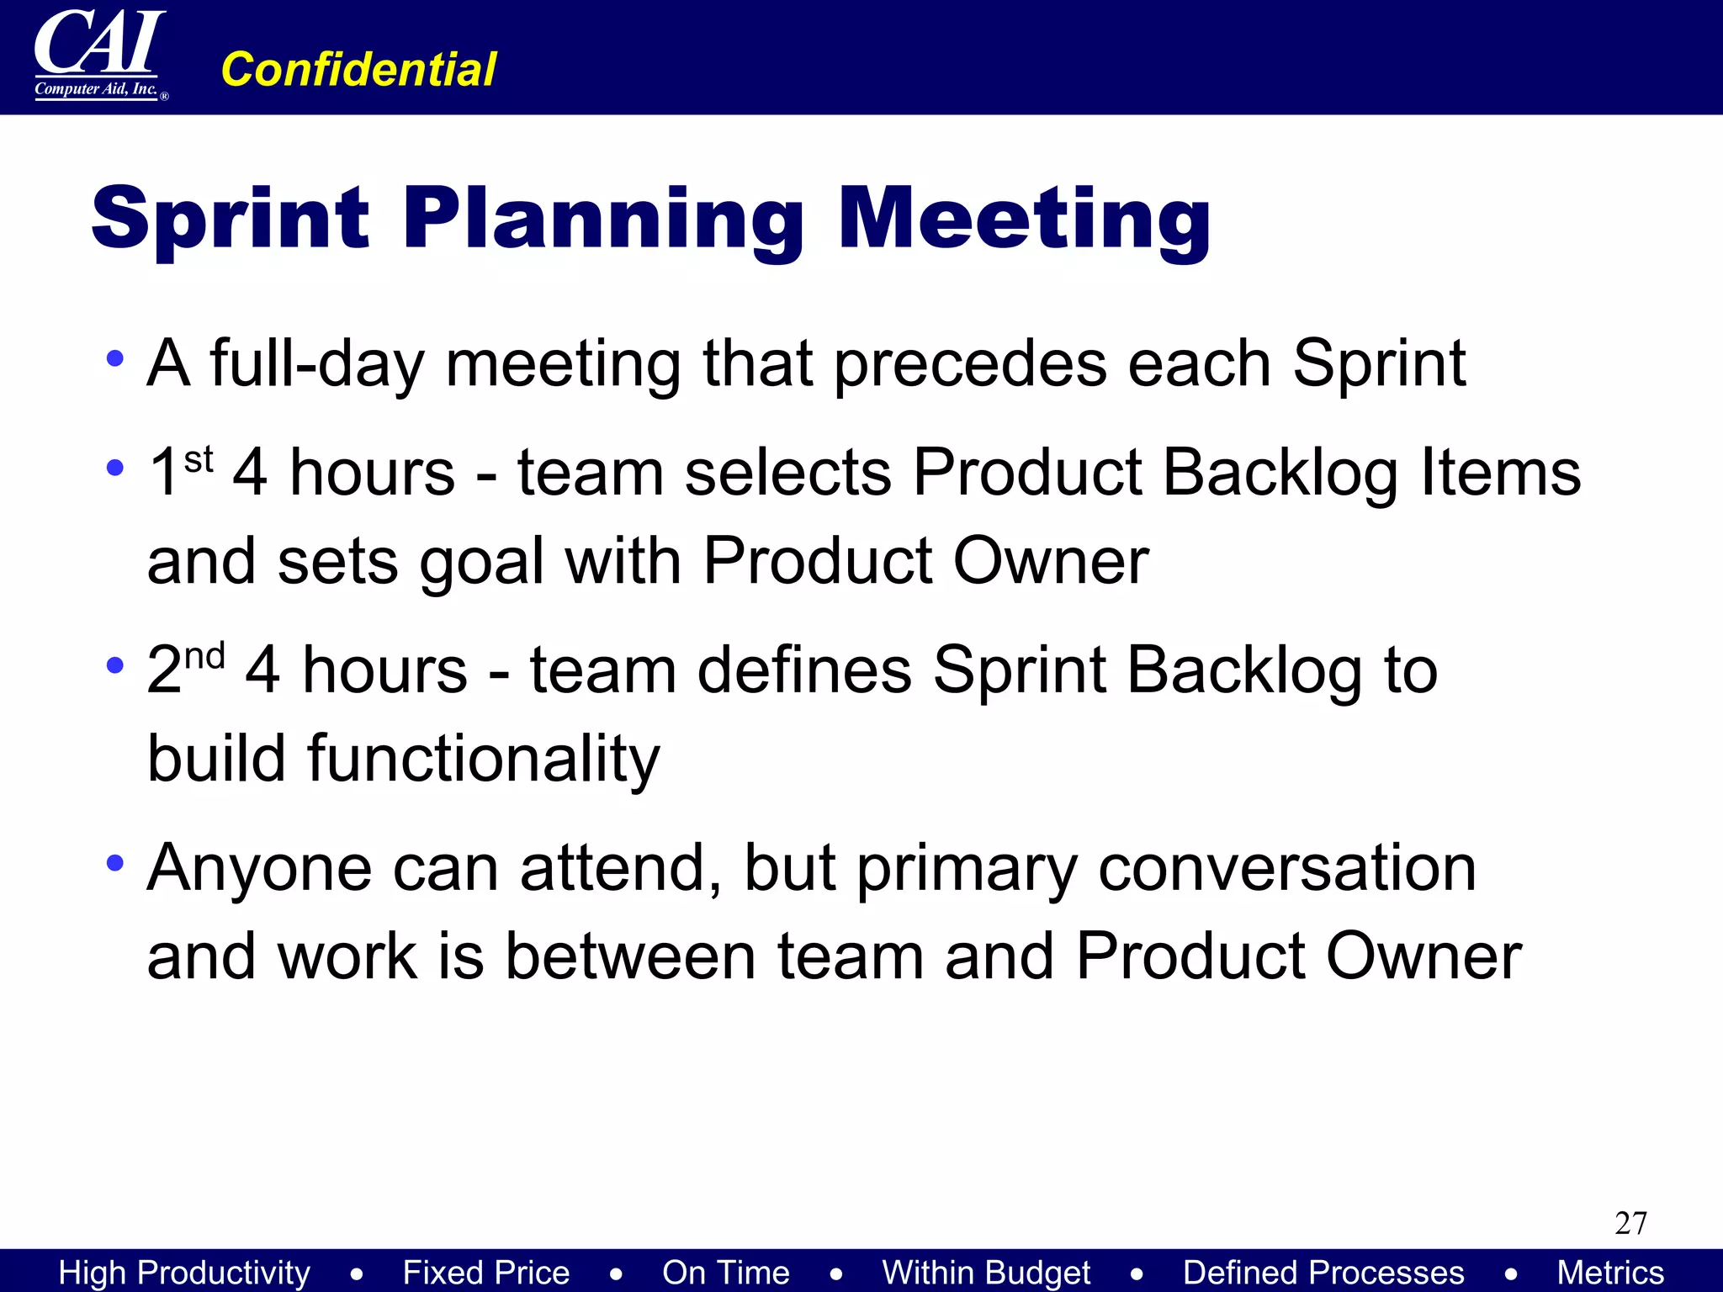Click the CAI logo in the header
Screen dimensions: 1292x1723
99,55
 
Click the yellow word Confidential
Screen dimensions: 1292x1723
358,69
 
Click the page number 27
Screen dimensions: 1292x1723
1630,1223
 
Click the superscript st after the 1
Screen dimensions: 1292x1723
199,459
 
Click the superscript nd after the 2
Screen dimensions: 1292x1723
205,656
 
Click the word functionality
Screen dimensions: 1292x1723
404,760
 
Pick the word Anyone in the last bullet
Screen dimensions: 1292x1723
259,868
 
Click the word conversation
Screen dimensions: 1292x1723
1287,868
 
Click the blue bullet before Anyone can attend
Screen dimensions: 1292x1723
115,863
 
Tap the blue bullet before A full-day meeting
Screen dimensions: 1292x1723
115,359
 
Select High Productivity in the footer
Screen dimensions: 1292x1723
184,1273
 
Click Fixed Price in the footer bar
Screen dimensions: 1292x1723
485,1273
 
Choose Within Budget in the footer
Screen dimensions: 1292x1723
986,1273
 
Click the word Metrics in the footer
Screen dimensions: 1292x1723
1610,1273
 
